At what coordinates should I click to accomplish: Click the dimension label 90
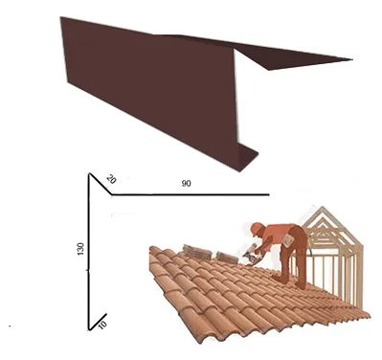pos(186,184)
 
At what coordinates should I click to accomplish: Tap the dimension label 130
pos(80,249)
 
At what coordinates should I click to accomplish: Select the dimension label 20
pos(111,179)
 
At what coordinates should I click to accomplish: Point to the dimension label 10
pos(102,325)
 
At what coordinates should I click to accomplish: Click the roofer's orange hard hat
pos(257,228)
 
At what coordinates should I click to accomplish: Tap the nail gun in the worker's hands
pos(252,255)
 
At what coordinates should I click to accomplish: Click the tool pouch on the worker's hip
pos(288,240)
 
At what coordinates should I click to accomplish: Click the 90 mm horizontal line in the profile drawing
pos(191,194)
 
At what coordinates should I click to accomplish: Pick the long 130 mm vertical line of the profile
pos(88,252)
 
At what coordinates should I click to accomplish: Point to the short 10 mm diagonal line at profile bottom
pos(98,322)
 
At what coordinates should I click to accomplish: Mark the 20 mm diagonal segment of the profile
pos(101,184)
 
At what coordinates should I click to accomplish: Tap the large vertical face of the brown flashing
pos(150,86)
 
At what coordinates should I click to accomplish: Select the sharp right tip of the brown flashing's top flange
pos(352,59)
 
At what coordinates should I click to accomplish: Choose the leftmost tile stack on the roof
pos(196,253)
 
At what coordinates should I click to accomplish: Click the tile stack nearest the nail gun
pos(227,258)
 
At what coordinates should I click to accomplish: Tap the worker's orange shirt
pos(275,235)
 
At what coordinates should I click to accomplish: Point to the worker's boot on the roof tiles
pos(281,280)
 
